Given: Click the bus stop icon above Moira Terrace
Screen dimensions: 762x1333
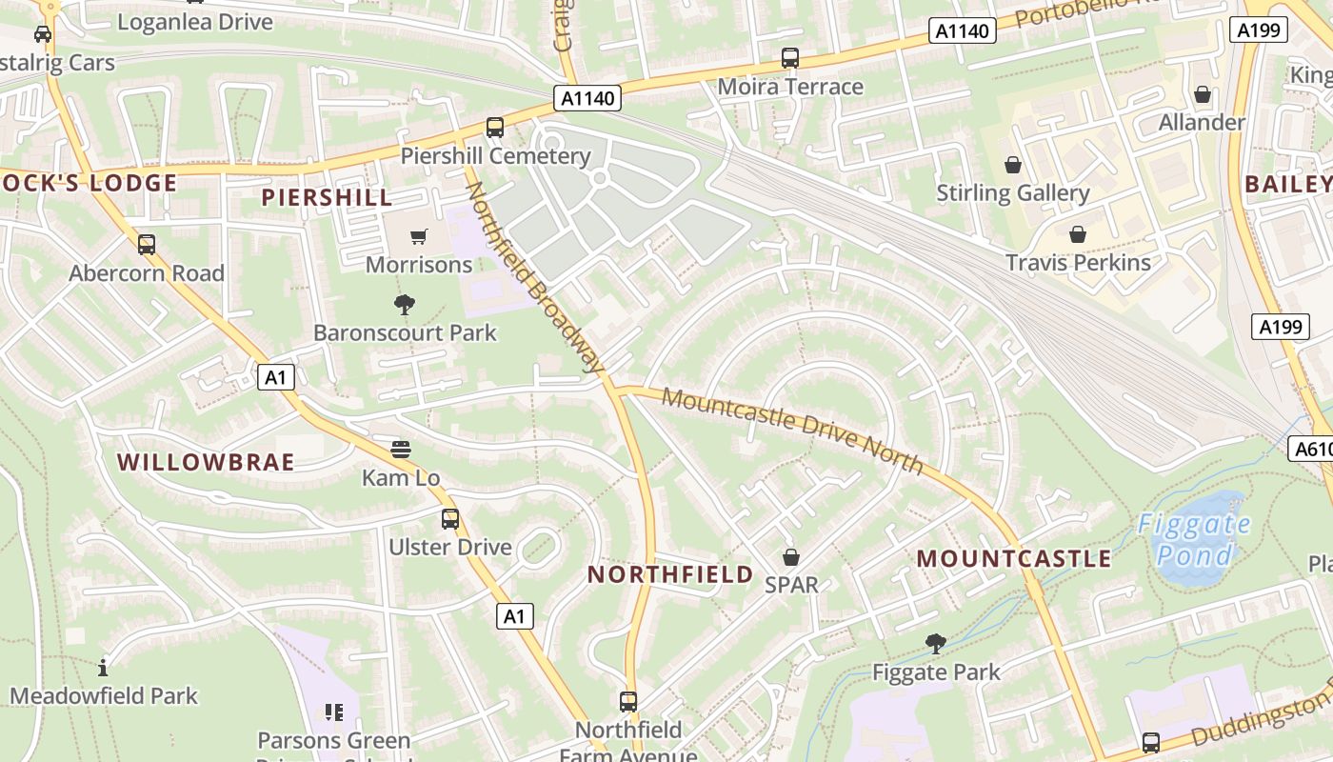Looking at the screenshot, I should [790, 58].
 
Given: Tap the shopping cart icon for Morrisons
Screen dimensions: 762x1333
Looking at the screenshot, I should [419, 236].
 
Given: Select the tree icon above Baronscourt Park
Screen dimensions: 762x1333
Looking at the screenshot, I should [405, 305].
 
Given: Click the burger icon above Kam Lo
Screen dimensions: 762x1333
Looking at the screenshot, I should [401, 450].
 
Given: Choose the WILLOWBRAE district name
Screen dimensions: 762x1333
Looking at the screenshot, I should [206, 462].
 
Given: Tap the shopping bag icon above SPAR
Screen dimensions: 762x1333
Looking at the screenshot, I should [791, 556].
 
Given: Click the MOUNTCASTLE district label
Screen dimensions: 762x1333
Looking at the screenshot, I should [1014, 558].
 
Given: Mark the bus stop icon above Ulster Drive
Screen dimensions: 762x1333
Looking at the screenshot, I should [450, 519].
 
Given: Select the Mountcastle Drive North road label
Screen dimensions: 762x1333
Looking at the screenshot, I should [792, 429].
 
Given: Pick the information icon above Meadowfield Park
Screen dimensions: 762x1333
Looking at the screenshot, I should [103, 667].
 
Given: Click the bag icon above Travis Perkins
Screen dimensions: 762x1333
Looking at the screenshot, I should [1078, 234].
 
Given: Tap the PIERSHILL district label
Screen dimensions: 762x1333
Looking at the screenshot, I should [327, 197].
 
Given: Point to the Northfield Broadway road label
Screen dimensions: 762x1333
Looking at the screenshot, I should [535, 276].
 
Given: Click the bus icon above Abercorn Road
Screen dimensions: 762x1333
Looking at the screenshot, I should [147, 245].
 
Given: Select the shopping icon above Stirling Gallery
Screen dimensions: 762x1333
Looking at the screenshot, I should [1013, 165].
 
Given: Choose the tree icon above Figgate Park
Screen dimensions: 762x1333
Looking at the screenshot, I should [936, 644].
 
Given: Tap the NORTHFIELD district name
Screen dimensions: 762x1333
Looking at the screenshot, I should [670, 574].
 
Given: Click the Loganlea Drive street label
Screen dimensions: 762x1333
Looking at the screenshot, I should [195, 21].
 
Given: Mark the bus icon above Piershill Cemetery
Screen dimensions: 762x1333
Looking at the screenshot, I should [495, 128].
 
